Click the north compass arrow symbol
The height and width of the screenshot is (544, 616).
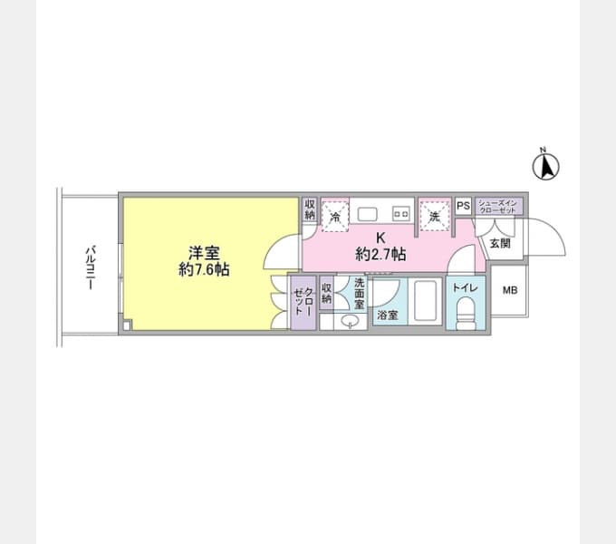(x=545, y=166)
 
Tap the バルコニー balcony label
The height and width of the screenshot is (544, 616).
(x=91, y=267)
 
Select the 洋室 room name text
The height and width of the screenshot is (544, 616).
(x=204, y=253)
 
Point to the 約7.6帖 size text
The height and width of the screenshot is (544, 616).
(x=204, y=270)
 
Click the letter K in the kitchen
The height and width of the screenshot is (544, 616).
(x=380, y=238)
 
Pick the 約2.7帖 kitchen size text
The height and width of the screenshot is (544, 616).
(x=380, y=255)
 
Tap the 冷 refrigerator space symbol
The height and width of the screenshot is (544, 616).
(x=335, y=216)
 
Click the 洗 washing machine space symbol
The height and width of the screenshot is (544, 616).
(x=435, y=216)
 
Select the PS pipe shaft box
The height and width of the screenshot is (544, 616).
(x=464, y=206)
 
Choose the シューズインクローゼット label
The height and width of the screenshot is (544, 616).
(x=497, y=207)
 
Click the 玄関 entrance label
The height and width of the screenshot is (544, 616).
(x=500, y=244)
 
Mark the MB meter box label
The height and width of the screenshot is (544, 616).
(x=510, y=290)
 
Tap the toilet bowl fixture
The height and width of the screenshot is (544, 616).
(x=467, y=314)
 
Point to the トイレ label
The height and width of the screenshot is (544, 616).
(x=465, y=287)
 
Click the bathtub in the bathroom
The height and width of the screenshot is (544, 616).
(x=426, y=300)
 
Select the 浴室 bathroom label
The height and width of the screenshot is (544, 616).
(x=388, y=315)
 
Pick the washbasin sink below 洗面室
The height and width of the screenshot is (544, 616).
(x=350, y=321)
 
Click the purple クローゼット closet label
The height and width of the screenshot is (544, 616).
(x=303, y=302)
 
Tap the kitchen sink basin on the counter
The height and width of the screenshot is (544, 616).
(x=367, y=215)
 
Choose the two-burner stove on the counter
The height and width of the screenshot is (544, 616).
(x=401, y=214)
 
